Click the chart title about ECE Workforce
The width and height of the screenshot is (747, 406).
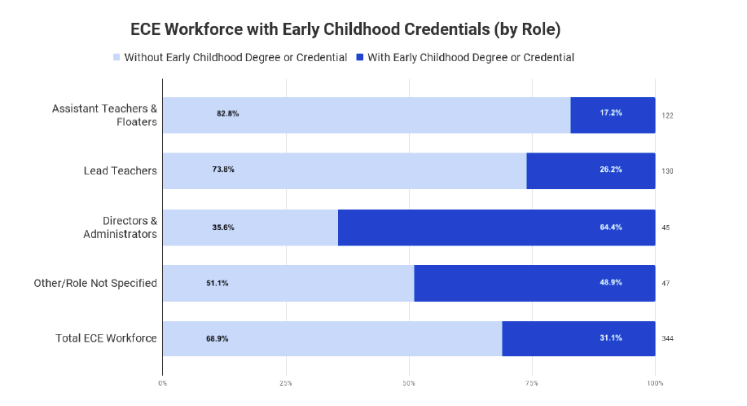coord(345,29)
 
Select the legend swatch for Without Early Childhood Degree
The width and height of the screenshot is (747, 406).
coord(116,58)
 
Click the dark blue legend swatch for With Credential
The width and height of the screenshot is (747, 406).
coord(359,58)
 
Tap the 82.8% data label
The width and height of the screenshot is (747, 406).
coord(227,113)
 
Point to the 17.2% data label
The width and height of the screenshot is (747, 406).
coord(611,113)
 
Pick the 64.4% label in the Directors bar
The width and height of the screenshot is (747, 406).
coord(611,227)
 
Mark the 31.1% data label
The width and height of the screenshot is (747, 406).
coord(611,338)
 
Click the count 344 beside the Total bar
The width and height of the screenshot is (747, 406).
coord(668,338)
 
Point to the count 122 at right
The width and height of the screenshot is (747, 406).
coord(668,116)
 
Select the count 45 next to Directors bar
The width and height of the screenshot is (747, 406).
coord(666,227)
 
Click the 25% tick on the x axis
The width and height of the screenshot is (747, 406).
coord(286,382)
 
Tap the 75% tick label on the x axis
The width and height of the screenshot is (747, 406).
coord(532,382)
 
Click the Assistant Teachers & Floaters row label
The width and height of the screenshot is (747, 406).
coord(104,115)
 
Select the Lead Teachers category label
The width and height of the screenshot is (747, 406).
coord(120,171)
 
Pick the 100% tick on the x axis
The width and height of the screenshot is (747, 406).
coord(655,382)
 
